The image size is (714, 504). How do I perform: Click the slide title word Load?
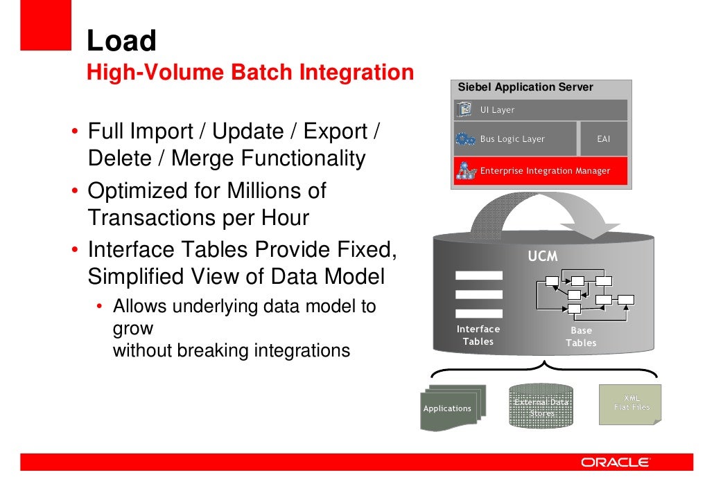click(x=121, y=41)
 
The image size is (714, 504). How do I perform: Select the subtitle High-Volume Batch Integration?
click(x=250, y=72)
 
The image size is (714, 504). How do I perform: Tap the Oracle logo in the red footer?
click(x=615, y=462)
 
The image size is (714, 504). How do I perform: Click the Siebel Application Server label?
click(x=525, y=87)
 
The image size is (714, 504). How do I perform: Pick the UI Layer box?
click(x=541, y=109)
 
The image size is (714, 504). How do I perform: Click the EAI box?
click(x=603, y=139)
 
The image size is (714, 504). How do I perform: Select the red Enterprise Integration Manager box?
click(x=541, y=170)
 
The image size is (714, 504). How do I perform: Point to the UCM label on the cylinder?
click(x=542, y=256)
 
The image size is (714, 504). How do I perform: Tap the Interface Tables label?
click(x=478, y=335)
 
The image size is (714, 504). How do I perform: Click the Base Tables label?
click(x=581, y=336)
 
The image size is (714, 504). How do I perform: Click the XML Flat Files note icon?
click(x=631, y=403)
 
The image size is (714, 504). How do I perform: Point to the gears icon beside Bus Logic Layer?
click(x=465, y=139)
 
